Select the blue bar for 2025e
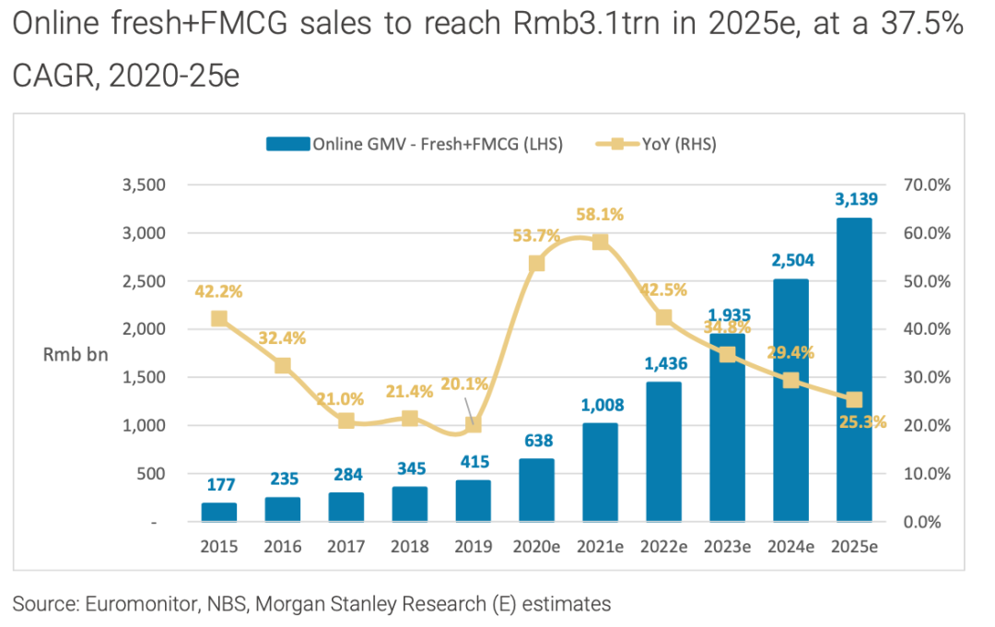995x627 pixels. (x=853, y=369)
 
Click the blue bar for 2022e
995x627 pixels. (x=663, y=452)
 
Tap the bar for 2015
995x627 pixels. (x=219, y=512)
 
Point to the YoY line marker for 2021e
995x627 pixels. (x=600, y=242)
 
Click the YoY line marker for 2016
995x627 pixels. (x=283, y=365)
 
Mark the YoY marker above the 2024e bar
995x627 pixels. (x=790, y=380)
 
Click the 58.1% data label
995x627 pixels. (x=600, y=215)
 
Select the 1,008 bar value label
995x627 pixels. (x=600, y=404)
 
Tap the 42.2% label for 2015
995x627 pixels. (x=219, y=291)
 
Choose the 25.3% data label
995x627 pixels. (x=862, y=422)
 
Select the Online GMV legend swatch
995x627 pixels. (x=287, y=144)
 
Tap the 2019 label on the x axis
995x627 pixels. (x=474, y=547)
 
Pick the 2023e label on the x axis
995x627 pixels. (x=727, y=547)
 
